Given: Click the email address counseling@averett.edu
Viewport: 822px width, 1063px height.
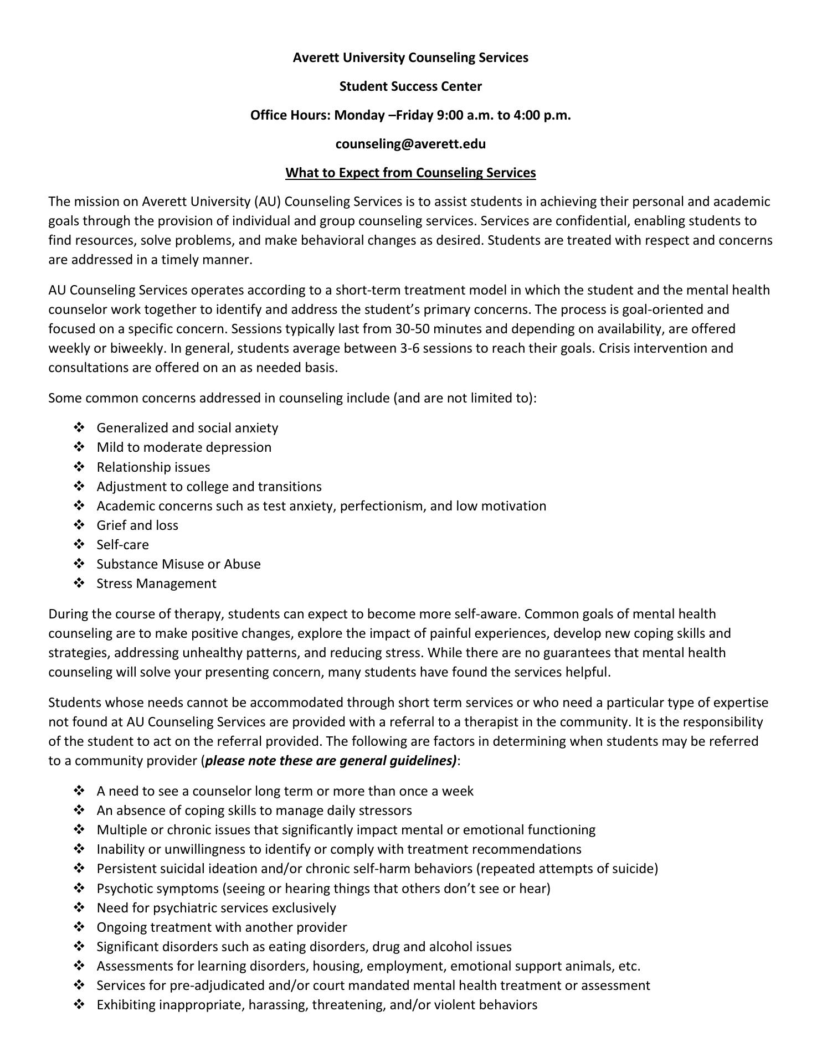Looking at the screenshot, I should tap(410, 144).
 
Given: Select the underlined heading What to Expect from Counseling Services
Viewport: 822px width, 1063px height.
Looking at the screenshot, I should tap(410, 173).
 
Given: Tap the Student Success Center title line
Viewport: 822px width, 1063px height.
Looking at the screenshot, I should tap(410, 86).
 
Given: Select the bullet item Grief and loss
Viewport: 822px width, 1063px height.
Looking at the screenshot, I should tap(137, 525).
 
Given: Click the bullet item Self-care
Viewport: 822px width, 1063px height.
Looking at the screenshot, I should tap(122, 544).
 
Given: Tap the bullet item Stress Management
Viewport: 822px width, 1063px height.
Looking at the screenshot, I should tap(156, 583).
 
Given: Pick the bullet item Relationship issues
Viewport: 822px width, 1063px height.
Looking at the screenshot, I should tap(153, 467).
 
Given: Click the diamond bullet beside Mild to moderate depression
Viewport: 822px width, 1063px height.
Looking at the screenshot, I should tap(79, 447).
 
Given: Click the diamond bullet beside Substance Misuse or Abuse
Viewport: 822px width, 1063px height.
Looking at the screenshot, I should tap(79, 564).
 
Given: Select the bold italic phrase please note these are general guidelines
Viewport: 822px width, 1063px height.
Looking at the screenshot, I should tap(331, 760).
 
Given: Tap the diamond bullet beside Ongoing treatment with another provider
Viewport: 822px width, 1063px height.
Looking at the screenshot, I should tap(79, 927).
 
